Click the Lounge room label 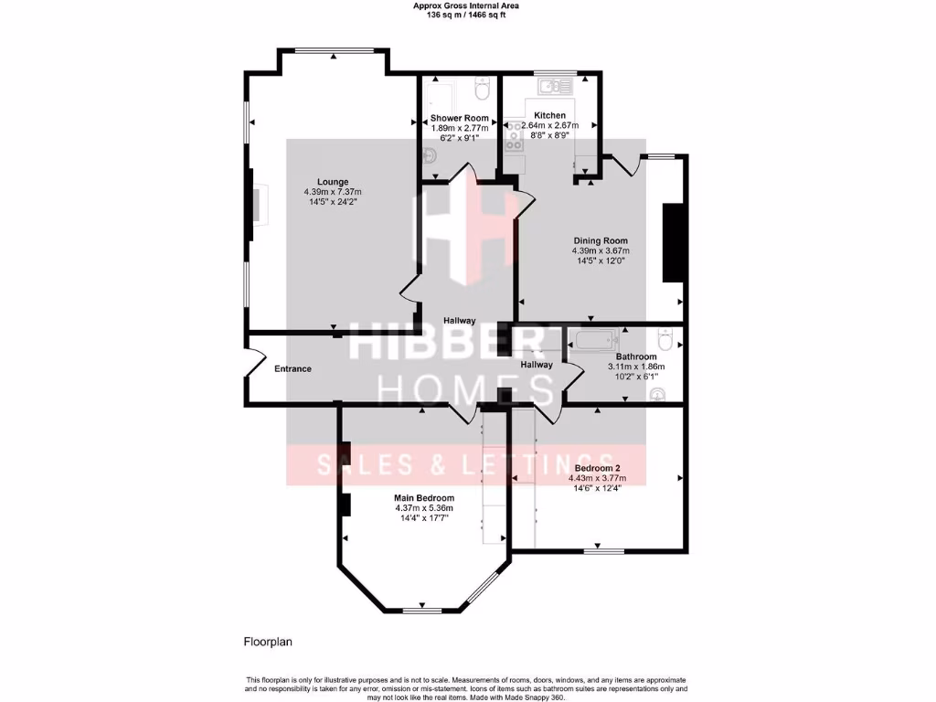pyautogui.click(x=333, y=181)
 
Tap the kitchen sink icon pyautogui.click(x=554, y=87)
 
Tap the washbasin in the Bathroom pyautogui.click(x=657, y=394)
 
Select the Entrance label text pyautogui.click(x=293, y=369)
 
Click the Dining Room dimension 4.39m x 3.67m pyautogui.click(x=601, y=250)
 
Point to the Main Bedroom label pyautogui.click(x=424, y=498)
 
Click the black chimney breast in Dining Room pyautogui.click(x=674, y=243)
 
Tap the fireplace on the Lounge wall pyautogui.click(x=259, y=205)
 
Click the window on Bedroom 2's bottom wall pyautogui.click(x=603, y=551)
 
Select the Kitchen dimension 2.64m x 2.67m pyautogui.click(x=550, y=125)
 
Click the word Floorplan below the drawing pyautogui.click(x=267, y=642)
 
